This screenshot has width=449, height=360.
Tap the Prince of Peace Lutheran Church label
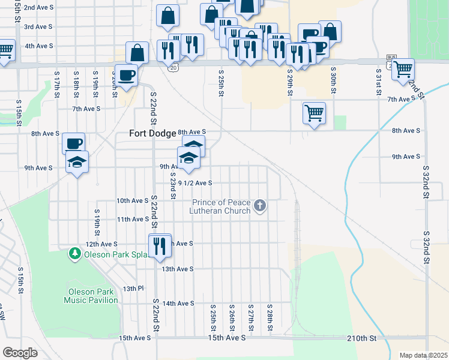pyautogui.click(x=220, y=206)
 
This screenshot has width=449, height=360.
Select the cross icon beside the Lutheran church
pyautogui.click(x=260, y=206)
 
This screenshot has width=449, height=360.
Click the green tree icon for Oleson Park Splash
pyautogui.click(x=75, y=253)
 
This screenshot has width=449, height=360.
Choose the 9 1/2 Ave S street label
pyautogui.click(x=194, y=183)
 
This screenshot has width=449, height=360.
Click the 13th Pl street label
pyautogui.click(x=130, y=289)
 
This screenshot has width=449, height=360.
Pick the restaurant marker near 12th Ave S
pyautogui.click(x=159, y=247)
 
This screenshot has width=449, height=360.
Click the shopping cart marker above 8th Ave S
pyautogui.click(x=315, y=113)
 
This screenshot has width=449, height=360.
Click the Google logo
pyautogui.click(x=20, y=353)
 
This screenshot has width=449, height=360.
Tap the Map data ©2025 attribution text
pyautogui.click(x=424, y=355)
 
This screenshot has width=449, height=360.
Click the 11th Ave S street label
pyautogui.click(x=133, y=220)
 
